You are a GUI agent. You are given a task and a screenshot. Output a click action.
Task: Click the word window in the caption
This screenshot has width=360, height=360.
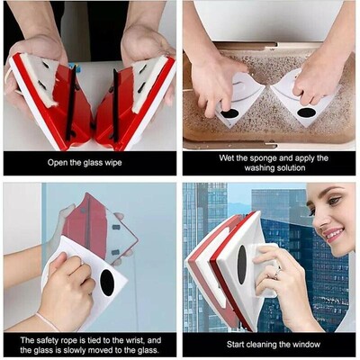[303, 343]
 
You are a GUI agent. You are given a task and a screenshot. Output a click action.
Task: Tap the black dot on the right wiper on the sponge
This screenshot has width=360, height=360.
[307, 112]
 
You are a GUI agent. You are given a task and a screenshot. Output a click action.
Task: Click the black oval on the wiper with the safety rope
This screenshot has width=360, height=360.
[107, 282]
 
